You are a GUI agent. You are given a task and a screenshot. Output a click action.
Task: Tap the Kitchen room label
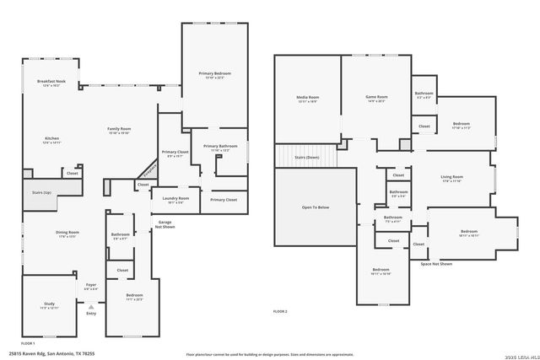click(51, 139)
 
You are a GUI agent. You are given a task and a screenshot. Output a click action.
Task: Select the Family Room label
click(119, 129)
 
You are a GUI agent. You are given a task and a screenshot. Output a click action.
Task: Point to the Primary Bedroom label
click(214, 75)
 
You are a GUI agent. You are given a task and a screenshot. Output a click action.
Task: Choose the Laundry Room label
click(175, 199)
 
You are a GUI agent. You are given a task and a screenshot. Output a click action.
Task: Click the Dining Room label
click(68, 233)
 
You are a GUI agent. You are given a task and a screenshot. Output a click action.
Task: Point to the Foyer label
click(90, 285)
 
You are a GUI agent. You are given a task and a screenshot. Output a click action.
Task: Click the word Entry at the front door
click(90, 313)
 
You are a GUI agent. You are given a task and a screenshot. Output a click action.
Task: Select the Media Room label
click(307, 98)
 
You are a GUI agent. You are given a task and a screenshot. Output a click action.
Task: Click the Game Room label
click(375, 97)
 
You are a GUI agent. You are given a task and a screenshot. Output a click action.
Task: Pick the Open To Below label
click(315, 207)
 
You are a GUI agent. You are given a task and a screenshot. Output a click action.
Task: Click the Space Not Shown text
click(436, 264)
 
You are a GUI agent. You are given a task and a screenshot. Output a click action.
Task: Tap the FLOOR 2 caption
click(280, 312)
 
